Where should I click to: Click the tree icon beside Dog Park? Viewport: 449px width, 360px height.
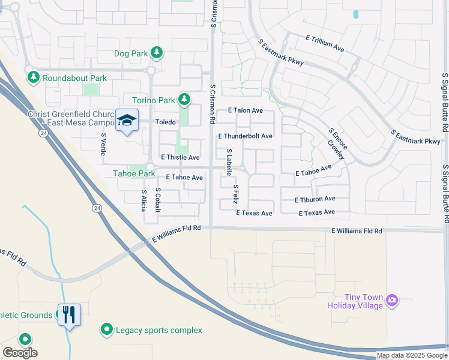(x=157, y=53)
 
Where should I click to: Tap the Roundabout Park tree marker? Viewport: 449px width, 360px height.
(x=33, y=78)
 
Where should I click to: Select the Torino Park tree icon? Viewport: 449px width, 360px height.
(x=185, y=99)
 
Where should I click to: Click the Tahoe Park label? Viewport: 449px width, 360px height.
(x=134, y=174)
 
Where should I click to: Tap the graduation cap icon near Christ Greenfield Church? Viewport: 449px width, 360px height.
(x=127, y=121)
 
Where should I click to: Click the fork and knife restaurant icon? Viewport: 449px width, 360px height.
(x=69, y=314)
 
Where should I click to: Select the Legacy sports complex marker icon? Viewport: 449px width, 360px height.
(x=107, y=329)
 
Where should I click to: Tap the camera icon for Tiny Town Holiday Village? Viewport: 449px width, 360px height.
(x=392, y=299)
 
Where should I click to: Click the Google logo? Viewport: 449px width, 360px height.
(x=20, y=353)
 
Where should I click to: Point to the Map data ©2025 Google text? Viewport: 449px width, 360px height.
(x=412, y=355)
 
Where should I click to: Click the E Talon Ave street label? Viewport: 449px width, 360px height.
(x=246, y=110)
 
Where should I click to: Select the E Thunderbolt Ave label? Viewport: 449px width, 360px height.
(x=245, y=136)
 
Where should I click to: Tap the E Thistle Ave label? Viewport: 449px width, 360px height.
(x=180, y=157)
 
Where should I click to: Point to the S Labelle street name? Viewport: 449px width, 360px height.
(x=229, y=163)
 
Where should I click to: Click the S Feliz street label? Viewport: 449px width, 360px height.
(x=237, y=196)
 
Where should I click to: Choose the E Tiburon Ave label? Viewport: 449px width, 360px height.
(x=315, y=199)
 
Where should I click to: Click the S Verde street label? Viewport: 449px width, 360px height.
(x=103, y=144)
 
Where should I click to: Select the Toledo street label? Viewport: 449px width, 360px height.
(x=166, y=122)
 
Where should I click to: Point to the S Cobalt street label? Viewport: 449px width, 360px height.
(x=158, y=199)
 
